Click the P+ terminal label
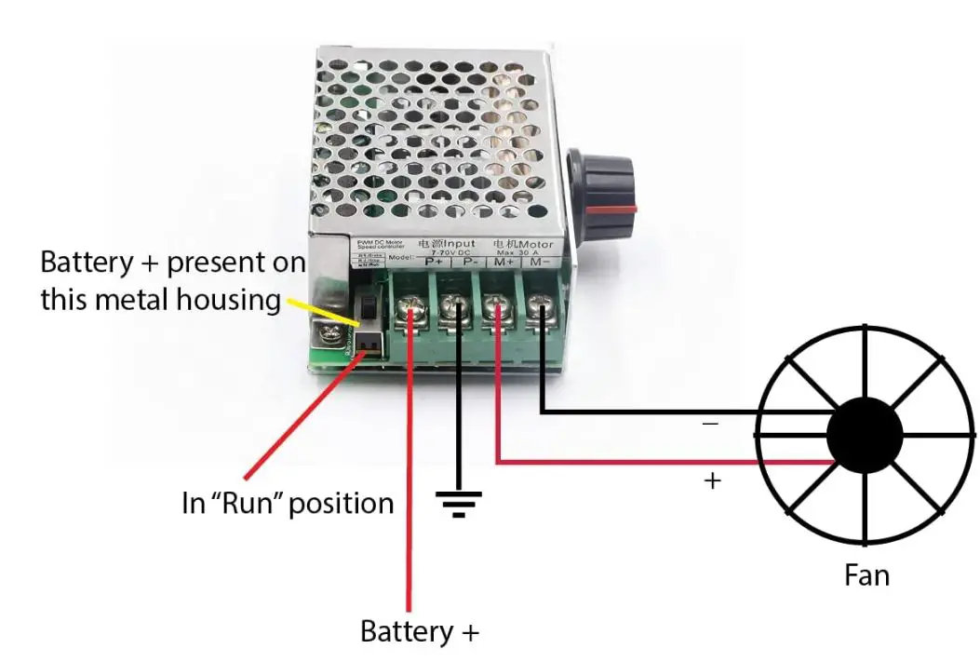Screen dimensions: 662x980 coord(434,263)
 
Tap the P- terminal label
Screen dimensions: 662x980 coord(469,263)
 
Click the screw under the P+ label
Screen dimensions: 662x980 coord(410,307)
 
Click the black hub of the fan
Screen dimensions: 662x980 coord(865,435)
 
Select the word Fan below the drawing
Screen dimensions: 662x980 coord(866,575)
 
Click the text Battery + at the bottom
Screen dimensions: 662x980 coord(419,632)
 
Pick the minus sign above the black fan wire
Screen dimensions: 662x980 coord(709,424)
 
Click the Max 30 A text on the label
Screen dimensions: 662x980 coord(523,252)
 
